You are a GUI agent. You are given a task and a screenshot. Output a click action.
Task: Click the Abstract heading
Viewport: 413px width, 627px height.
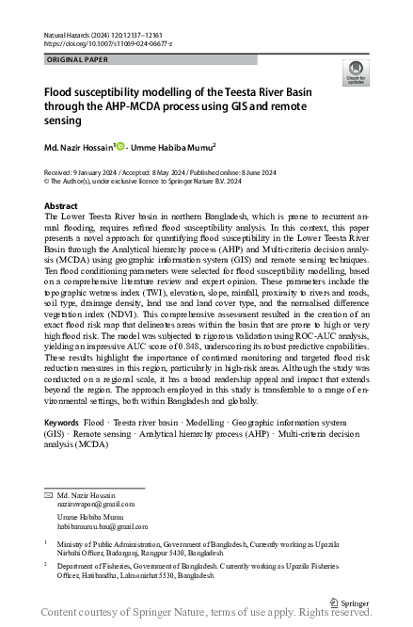tap(61, 205)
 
